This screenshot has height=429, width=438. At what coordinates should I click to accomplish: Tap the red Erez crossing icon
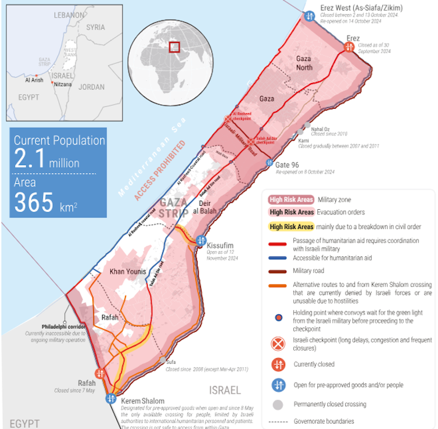pyautogui.click(x=349, y=47)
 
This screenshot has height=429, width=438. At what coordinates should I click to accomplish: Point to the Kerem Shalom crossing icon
pyautogui.click(x=111, y=398)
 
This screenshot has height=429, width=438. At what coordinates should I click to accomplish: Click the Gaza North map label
pyautogui.click(x=304, y=63)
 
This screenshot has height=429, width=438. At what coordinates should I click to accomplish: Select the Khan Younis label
pyautogui.click(x=128, y=271)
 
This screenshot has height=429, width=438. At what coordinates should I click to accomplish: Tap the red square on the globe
pyautogui.click(x=174, y=47)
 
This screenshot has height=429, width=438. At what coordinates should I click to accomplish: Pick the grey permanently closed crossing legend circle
pyautogui.click(x=279, y=404)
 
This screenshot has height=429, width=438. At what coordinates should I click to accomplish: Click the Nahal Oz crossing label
pyautogui.click(x=321, y=128)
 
